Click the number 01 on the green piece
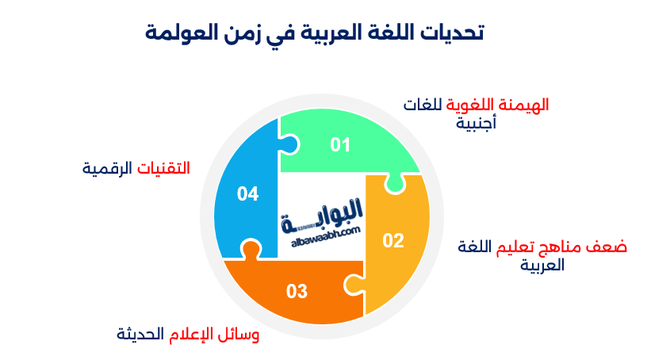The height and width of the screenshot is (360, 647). click(x=340, y=145)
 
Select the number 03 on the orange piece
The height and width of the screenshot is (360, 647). click(x=297, y=292)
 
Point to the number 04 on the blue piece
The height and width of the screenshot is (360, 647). click(x=248, y=193)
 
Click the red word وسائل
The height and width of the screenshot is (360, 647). click(x=241, y=335)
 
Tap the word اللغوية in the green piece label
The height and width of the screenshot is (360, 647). click(x=465, y=106)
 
